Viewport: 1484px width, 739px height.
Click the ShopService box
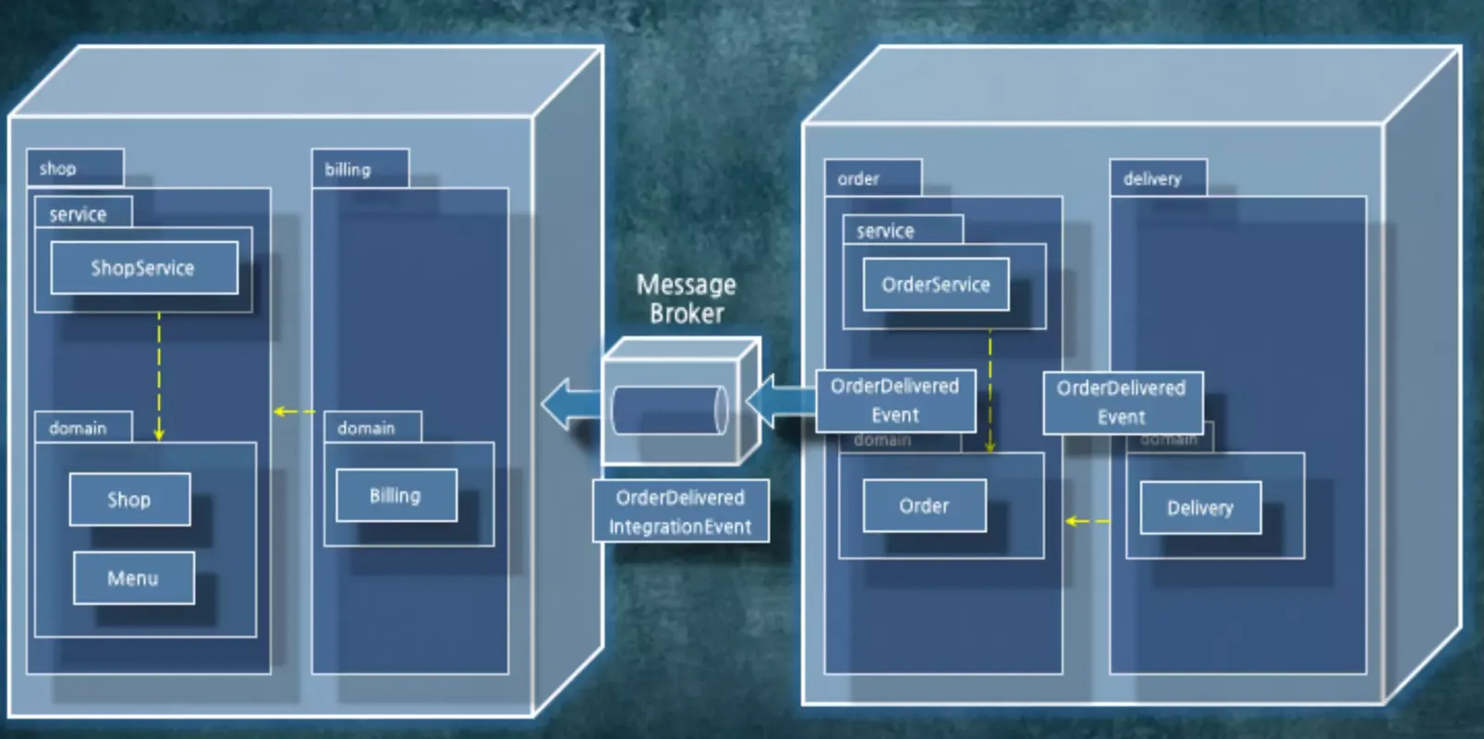pyautogui.click(x=143, y=268)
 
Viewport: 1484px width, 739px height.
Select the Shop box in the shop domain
pyautogui.click(x=129, y=500)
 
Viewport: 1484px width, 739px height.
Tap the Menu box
pyautogui.click(x=133, y=578)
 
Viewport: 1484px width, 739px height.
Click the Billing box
pyautogui.click(x=395, y=495)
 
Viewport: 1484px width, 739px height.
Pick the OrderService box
pyautogui.click(x=935, y=285)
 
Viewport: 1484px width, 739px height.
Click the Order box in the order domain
pyautogui.click(x=924, y=505)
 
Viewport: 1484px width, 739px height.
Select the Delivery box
pyautogui.click(x=1199, y=507)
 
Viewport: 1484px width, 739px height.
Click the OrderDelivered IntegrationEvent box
pyautogui.click(x=680, y=512)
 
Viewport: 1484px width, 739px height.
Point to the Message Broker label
pyautogui.click(x=686, y=298)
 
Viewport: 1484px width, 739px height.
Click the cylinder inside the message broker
pyautogui.click(x=669, y=410)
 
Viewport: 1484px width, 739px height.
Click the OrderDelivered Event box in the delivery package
pyautogui.click(x=1122, y=402)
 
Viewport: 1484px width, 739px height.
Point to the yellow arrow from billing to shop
pyautogui.click(x=294, y=411)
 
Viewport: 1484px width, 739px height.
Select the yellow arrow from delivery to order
pyautogui.click(x=1087, y=522)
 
